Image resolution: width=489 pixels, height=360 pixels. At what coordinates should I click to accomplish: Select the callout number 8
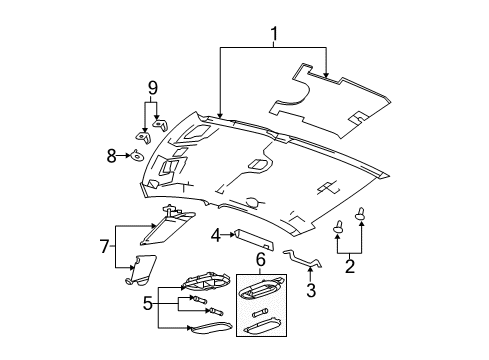click(112, 155)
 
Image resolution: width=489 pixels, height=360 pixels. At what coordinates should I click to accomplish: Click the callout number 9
click(152, 89)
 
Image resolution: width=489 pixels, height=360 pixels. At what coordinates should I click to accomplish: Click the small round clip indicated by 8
click(134, 155)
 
